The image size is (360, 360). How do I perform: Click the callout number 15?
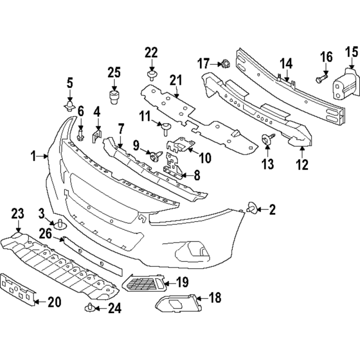point(351,52)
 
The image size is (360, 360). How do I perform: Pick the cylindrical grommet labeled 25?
point(115,95)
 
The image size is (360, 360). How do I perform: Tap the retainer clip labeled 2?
point(252,208)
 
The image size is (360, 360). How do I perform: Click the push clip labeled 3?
point(60,223)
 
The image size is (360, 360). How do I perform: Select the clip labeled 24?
point(90,308)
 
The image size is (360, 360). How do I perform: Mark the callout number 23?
point(17,213)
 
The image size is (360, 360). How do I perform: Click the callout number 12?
point(302,165)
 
